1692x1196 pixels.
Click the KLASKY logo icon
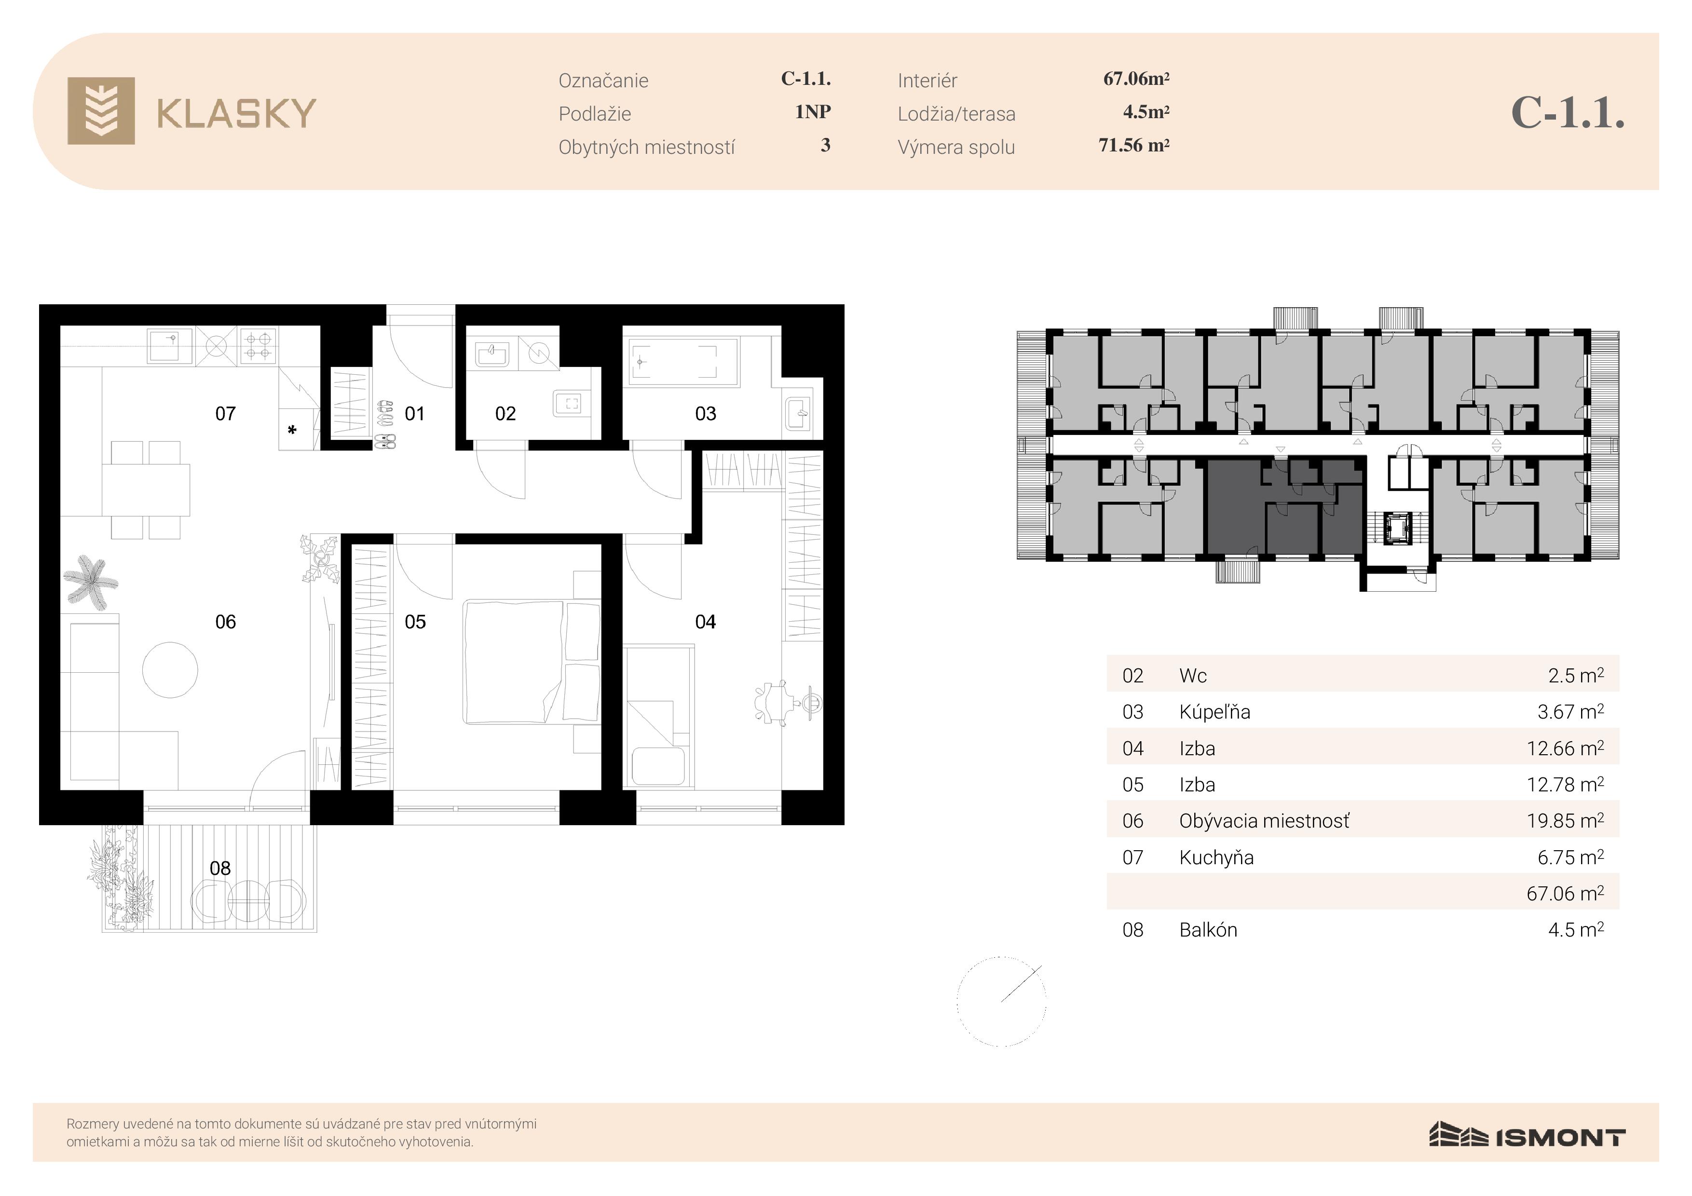click(x=101, y=110)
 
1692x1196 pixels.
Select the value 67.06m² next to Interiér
click(x=1136, y=78)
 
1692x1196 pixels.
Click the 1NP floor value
click(x=813, y=112)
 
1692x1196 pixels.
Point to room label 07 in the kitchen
click(x=226, y=413)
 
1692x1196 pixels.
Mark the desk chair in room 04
click(x=771, y=702)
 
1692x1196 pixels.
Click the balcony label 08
click(x=220, y=868)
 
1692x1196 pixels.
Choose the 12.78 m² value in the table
click(x=1565, y=784)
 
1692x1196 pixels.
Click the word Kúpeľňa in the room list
click(x=1214, y=712)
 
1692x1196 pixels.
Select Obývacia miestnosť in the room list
click(x=1265, y=821)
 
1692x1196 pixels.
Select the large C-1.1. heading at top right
click(x=1568, y=113)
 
